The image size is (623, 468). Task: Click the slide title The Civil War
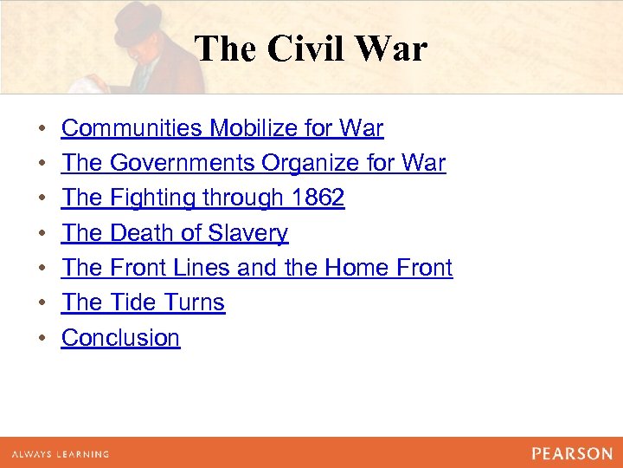[311, 49]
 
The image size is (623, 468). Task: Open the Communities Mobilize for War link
[222, 128]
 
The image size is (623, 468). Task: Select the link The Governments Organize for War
[254, 163]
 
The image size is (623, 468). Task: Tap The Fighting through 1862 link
[203, 198]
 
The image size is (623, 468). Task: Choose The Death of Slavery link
[175, 233]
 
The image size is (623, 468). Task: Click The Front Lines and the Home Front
[257, 268]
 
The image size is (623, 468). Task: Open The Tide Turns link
[144, 302]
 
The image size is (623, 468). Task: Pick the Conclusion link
[121, 337]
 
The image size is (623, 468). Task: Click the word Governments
[183, 163]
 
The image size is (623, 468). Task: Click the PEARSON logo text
[572, 453]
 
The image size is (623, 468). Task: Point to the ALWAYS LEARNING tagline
[61, 454]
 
